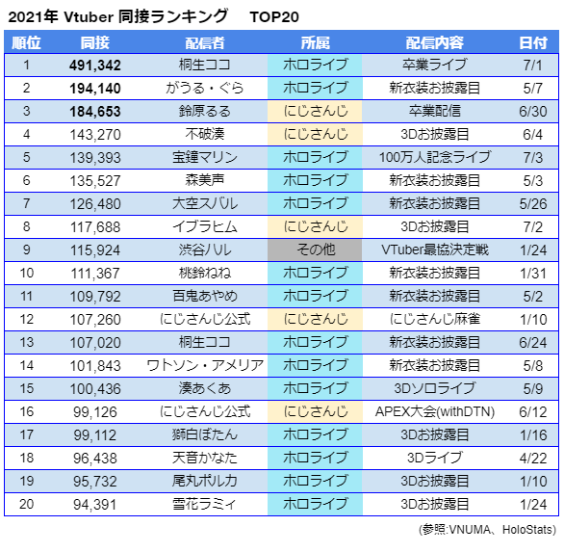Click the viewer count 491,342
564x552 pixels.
point(94,66)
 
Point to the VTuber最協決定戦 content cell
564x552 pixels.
point(435,250)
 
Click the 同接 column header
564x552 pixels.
point(94,43)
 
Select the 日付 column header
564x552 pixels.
point(532,43)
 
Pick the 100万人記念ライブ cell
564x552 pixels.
point(435,157)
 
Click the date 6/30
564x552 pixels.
point(532,112)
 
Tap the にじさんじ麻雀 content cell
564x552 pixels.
point(435,319)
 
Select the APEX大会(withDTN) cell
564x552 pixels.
point(435,410)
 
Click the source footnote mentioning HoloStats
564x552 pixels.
point(488,529)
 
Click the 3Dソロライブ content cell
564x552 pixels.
point(435,387)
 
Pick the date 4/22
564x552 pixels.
point(532,457)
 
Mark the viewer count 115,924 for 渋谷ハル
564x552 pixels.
point(94,250)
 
